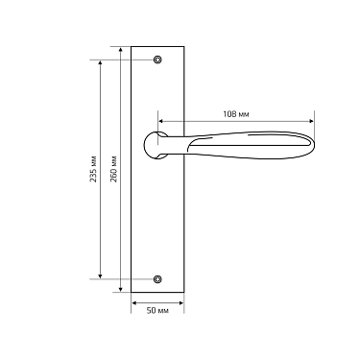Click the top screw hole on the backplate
(x=156, y=60)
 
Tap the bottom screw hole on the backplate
(x=156, y=278)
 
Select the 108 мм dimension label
(x=236, y=114)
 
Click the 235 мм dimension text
(x=93, y=169)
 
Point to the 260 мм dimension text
(x=115, y=169)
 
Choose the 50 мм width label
(x=157, y=311)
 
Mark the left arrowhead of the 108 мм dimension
(x=161, y=121)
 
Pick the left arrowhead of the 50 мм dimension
(x=133, y=300)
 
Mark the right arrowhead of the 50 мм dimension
(x=180, y=300)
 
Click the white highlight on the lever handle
(x=240, y=144)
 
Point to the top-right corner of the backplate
(x=182, y=46)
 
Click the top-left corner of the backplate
(x=131, y=46)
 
